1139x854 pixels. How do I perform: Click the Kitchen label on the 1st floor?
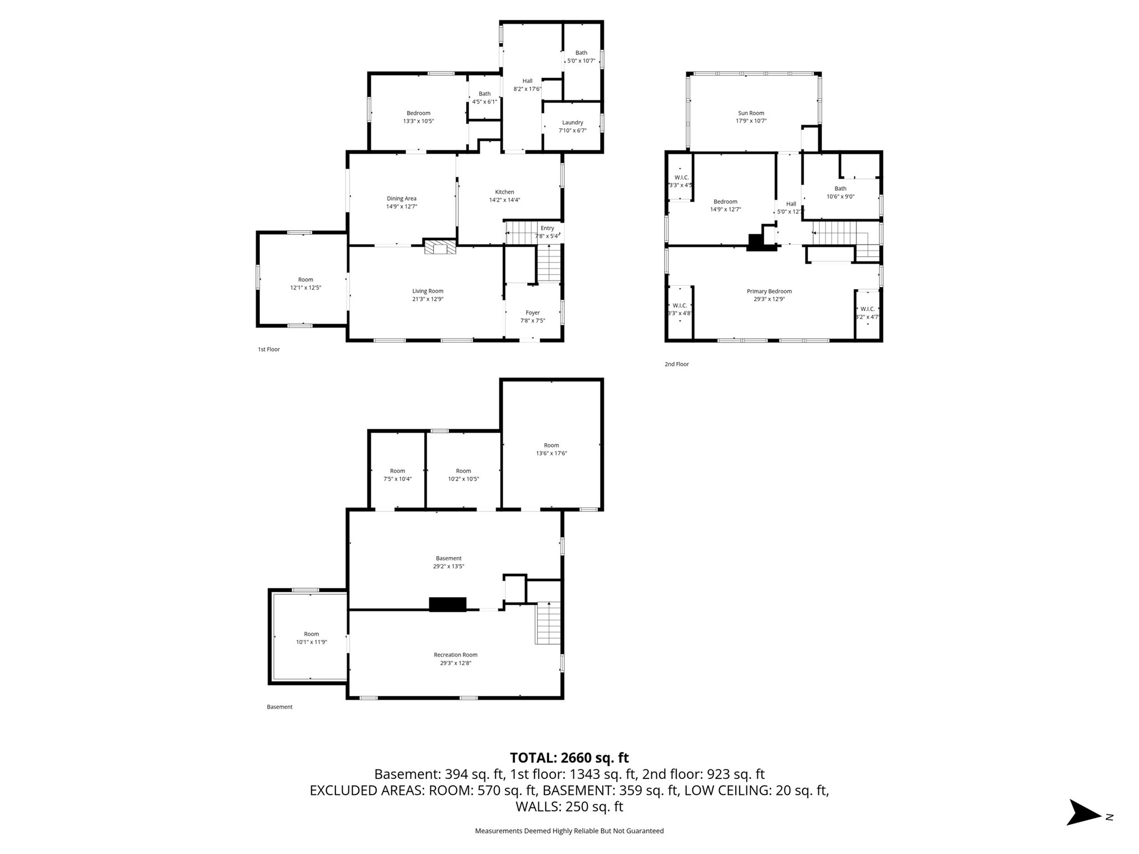(504, 192)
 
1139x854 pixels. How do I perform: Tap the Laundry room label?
(572, 122)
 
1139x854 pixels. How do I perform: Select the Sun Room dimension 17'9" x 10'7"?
(751, 121)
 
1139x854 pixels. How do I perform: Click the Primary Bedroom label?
(769, 291)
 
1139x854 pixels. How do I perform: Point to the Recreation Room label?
(455, 655)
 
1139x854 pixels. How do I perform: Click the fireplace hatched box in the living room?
(440, 247)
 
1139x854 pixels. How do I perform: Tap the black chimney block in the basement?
(447, 604)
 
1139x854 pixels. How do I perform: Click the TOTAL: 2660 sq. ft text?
(569, 758)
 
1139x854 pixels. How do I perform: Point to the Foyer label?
(532, 312)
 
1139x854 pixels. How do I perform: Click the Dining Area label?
(402, 198)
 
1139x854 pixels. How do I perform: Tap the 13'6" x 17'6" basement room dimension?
(551, 453)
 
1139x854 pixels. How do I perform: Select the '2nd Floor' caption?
(676, 364)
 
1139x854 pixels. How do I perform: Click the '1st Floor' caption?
(269, 349)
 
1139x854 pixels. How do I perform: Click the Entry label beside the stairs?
(547, 228)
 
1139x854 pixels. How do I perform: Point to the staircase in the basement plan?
(548, 623)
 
